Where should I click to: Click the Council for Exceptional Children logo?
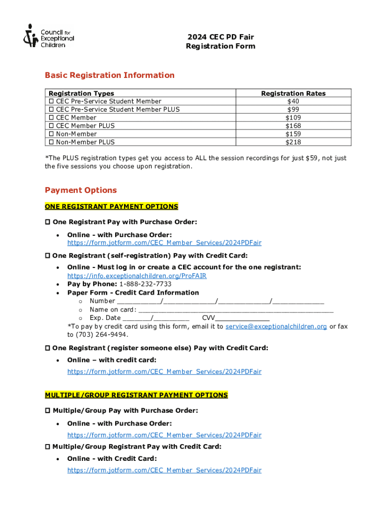coord(48,35)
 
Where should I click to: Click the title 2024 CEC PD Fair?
coord(220,37)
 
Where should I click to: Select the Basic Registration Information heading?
coord(110,75)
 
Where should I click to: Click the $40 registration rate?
coord(293,101)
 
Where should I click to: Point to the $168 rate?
coord(293,126)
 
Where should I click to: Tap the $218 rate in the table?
coord(293,142)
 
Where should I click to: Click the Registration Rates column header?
coord(293,93)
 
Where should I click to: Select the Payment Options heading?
coord(81,190)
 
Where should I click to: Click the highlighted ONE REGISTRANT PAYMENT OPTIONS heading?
coord(112,206)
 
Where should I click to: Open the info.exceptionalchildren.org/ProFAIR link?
coord(137,276)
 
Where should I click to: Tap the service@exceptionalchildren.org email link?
coord(276,326)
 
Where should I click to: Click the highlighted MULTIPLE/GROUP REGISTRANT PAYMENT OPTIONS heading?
coord(136,395)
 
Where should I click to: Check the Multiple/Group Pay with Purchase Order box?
coord(48,411)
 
